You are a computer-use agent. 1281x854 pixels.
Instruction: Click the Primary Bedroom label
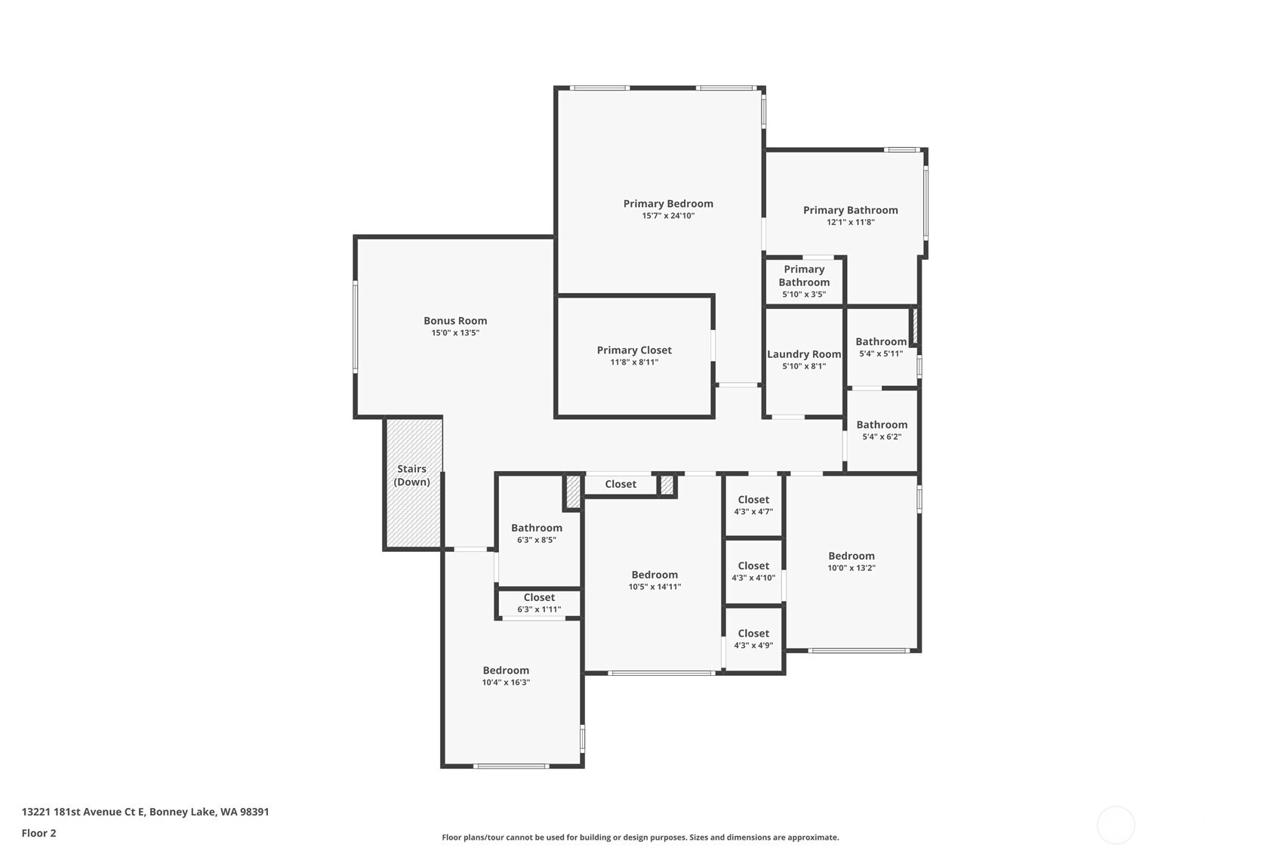(x=668, y=204)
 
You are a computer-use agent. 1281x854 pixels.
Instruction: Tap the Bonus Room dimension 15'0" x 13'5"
(x=455, y=333)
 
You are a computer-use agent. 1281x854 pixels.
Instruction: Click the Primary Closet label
(x=634, y=350)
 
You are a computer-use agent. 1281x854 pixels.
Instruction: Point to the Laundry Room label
(x=804, y=354)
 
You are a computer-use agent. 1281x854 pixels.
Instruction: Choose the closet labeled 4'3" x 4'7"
(x=753, y=505)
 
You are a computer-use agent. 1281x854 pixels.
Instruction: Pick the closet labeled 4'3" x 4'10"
(x=753, y=572)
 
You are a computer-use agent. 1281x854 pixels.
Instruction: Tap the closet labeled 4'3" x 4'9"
(x=753, y=639)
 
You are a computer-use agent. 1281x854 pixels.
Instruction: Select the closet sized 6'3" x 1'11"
(x=539, y=603)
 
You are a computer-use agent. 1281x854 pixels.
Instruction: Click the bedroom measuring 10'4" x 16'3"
(x=506, y=676)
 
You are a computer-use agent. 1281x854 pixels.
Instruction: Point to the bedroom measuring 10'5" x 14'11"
(x=654, y=580)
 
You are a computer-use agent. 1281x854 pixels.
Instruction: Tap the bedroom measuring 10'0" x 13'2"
(x=851, y=561)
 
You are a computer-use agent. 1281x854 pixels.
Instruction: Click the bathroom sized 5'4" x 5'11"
(x=881, y=347)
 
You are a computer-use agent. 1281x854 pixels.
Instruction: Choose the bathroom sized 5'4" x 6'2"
(x=882, y=430)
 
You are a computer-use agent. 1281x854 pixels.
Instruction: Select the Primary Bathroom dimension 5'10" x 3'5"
(x=804, y=294)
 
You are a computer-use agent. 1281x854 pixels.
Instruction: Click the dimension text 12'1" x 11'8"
(x=850, y=222)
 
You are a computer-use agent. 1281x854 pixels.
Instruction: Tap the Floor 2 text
(x=38, y=834)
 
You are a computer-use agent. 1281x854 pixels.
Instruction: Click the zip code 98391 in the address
(x=254, y=812)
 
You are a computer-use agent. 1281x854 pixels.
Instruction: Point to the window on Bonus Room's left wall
(x=356, y=327)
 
